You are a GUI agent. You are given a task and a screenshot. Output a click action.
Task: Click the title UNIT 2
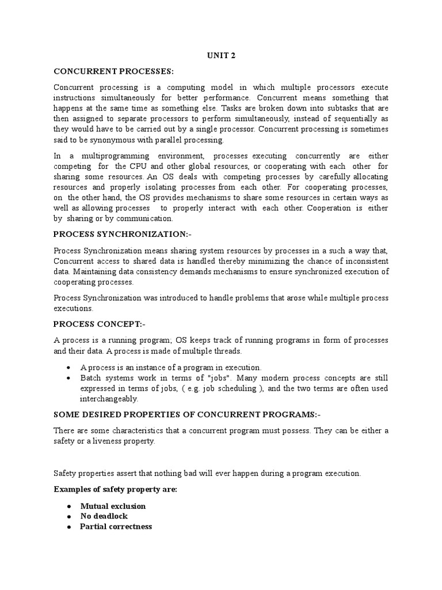tap(220, 56)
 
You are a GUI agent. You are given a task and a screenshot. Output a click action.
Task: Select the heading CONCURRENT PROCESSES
tap(113, 71)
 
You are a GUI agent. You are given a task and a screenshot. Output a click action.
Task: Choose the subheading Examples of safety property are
tap(115, 489)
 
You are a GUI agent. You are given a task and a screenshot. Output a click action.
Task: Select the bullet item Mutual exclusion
tap(113, 506)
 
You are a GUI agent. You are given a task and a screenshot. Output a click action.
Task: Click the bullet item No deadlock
tap(104, 516)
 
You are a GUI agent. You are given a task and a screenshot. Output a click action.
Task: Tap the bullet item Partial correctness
tap(116, 527)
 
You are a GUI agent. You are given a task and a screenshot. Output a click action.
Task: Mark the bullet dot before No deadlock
tap(68, 516)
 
